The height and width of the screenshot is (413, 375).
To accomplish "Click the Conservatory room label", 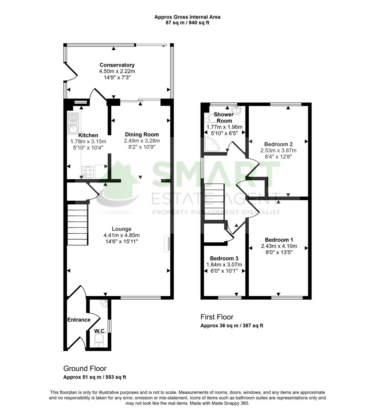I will (x=117, y=65).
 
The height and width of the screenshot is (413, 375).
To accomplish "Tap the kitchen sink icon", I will (x=73, y=123).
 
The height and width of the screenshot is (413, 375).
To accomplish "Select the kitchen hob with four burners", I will (x=88, y=171).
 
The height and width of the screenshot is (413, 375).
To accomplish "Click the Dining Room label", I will (x=142, y=135).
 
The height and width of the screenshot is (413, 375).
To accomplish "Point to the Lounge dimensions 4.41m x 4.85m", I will (x=121, y=235).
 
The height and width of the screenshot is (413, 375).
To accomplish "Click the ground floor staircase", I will (x=78, y=224).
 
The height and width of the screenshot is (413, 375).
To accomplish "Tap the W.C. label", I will (x=100, y=331).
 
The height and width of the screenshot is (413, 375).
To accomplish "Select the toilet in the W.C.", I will (x=99, y=341).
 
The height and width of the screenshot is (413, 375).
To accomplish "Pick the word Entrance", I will (x=79, y=320).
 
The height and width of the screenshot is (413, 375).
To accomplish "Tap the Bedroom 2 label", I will (x=278, y=144).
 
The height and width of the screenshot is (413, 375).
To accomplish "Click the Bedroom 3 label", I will (x=224, y=258).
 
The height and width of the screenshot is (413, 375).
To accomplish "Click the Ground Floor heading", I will (x=85, y=369).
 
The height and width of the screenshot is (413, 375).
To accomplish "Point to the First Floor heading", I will (x=217, y=317).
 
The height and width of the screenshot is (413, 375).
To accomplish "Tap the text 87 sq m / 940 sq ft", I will (x=187, y=23).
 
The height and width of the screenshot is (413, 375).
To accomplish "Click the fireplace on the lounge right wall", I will (x=167, y=244).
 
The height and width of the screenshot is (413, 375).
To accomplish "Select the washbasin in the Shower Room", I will (x=236, y=110).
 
